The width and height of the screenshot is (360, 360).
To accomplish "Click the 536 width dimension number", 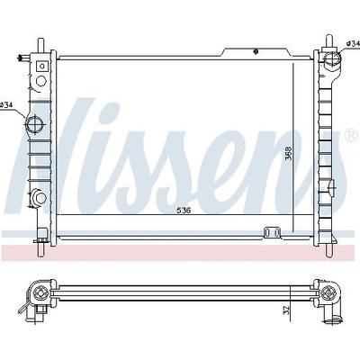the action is (184, 211).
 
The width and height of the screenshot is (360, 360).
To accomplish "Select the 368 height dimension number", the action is (288, 154).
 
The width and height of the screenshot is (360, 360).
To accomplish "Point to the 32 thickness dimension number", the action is (286, 310).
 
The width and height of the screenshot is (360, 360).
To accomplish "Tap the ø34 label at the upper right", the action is (353, 44).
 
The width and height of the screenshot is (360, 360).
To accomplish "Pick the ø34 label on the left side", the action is (6, 104).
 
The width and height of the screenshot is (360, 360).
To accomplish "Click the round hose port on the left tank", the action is (34, 124).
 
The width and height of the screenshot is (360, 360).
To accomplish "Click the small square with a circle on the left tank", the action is (42, 66).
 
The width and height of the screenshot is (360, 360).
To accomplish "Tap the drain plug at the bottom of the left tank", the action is (40, 197).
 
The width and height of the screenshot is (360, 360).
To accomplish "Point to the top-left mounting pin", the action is (40, 46).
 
